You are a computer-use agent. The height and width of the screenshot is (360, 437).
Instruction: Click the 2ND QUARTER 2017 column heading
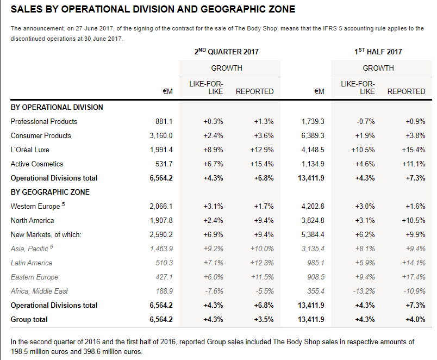pos(226,52)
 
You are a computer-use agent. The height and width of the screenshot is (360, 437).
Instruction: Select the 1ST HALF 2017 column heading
pos(378,52)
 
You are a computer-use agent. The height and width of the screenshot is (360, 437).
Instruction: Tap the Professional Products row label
pos(44,121)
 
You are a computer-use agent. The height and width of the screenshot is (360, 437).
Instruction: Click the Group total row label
pos(29,319)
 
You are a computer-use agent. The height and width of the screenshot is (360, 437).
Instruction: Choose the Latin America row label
pos(33,263)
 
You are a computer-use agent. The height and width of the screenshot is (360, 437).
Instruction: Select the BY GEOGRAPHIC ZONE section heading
pos(50,192)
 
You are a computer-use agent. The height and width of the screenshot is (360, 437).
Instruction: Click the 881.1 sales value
pos(164,121)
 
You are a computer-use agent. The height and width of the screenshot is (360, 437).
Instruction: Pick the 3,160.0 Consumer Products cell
pos(161,135)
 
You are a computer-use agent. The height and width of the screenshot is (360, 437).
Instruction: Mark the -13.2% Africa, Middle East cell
pos(364,291)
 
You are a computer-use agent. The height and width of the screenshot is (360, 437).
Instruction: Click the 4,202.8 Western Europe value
pos(313,206)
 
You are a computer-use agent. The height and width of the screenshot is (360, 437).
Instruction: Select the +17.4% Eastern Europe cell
pos(415,277)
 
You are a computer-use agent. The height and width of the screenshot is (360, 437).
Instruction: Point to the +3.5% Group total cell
pos(264,319)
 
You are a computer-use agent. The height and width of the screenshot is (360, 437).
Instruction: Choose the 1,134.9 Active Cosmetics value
pos(313,164)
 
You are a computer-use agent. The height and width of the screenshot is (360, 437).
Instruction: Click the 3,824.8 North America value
pos(313,220)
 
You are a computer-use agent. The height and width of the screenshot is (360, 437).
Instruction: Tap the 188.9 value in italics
pos(165,291)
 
